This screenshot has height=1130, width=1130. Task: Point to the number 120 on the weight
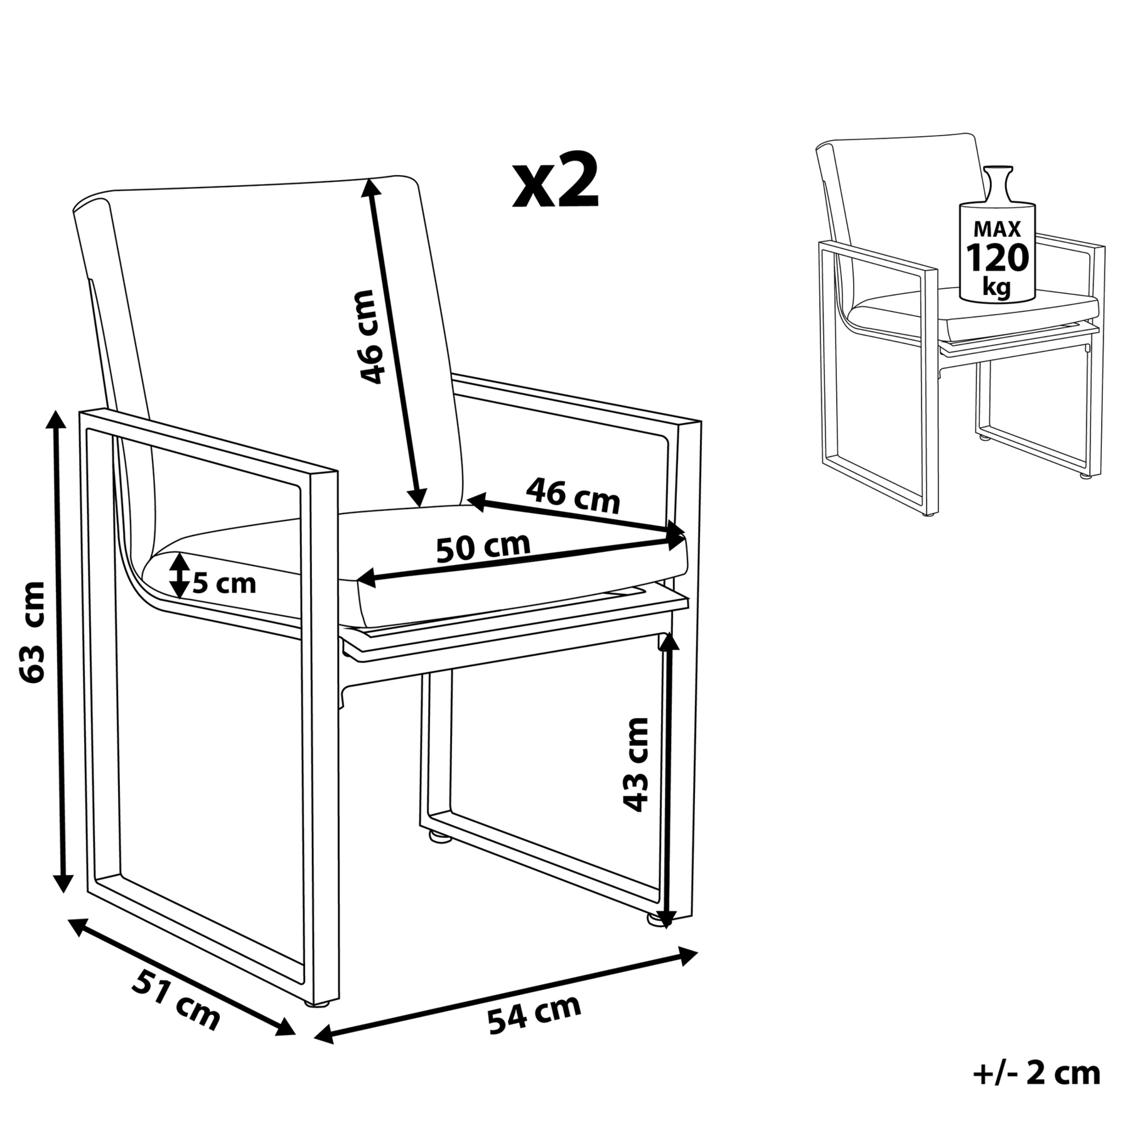[x=998, y=257]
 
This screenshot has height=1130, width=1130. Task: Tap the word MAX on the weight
[x=998, y=229]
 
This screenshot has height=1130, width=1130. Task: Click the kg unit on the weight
[x=997, y=287]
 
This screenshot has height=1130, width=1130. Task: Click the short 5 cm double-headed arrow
[x=180, y=575]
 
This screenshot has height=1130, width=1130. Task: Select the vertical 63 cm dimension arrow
[x=60, y=650]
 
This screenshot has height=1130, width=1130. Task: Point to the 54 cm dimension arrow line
[x=506, y=999]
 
